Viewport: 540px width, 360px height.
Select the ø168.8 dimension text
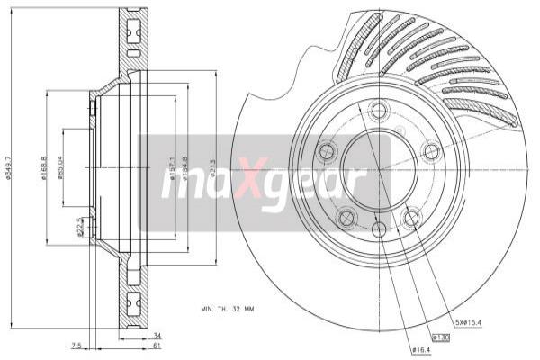point(45,169)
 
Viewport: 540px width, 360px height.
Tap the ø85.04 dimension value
point(61,169)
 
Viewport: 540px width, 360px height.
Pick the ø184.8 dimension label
point(185,169)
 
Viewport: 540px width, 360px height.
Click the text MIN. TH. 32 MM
point(228,309)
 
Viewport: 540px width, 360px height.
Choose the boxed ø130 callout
point(441,337)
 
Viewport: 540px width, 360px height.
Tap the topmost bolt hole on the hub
point(378,111)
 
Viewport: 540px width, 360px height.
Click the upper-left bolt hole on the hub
point(324,150)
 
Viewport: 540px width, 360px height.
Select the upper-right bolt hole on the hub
point(432,150)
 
